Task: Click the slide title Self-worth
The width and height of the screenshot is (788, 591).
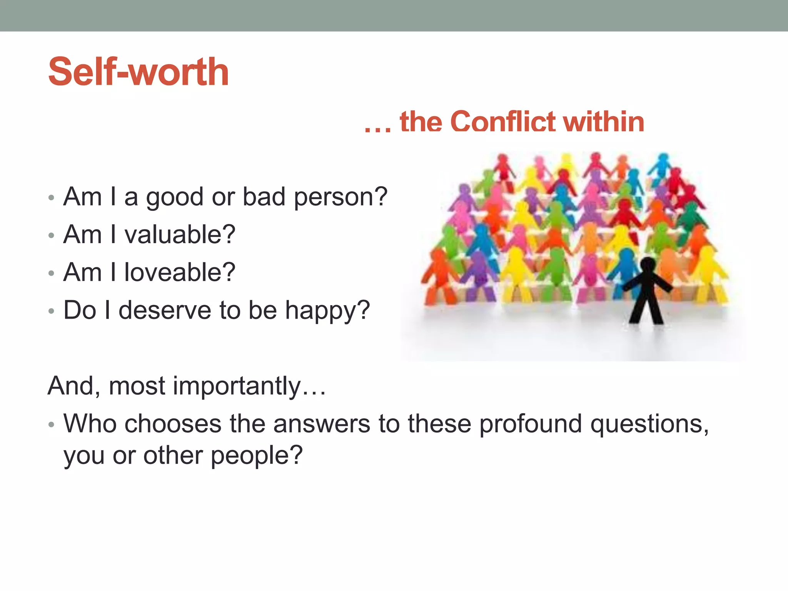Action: (x=139, y=72)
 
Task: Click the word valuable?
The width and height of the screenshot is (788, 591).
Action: (x=180, y=235)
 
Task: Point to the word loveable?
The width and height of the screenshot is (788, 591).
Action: (x=180, y=272)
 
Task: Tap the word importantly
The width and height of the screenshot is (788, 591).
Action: (x=237, y=386)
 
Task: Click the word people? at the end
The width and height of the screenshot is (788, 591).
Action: (x=257, y=456)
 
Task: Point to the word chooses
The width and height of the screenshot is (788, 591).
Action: (x=173, y=424)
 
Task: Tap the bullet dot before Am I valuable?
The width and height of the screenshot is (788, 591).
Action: (x=51, y=235)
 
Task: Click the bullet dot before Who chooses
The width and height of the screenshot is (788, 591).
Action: (x=51, y=425)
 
